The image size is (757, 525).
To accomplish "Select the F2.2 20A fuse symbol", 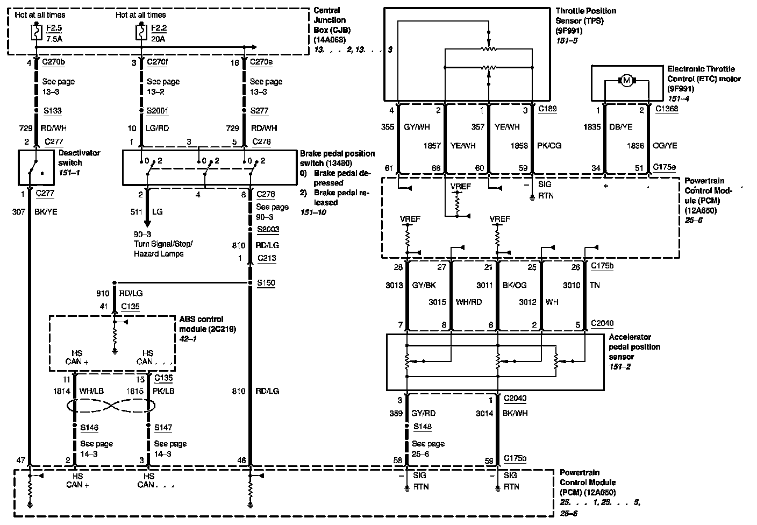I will [141, 33].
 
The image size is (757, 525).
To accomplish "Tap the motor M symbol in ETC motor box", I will [626, 81].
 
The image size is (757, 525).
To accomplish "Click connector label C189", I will [547, 109].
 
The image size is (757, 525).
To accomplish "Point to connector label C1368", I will [666, 109].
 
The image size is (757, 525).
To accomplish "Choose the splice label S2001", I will [158, 111].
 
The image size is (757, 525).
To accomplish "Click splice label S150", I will [266, 282].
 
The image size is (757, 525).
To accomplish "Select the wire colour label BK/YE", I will [46, 212].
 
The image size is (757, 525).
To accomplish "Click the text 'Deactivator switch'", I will [70, 158].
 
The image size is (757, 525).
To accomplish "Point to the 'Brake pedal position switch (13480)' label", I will [337, 158].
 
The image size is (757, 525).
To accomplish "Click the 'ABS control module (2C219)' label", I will [208, 324].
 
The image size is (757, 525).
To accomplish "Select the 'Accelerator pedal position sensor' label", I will [634, 347].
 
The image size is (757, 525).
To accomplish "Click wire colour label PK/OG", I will [549, 145].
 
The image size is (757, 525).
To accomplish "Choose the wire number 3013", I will [394, 285].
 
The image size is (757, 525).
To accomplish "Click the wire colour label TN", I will [595, 285].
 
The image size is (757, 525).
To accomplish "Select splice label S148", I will [423, 427].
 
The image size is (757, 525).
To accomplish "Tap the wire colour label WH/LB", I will [91, 391].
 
